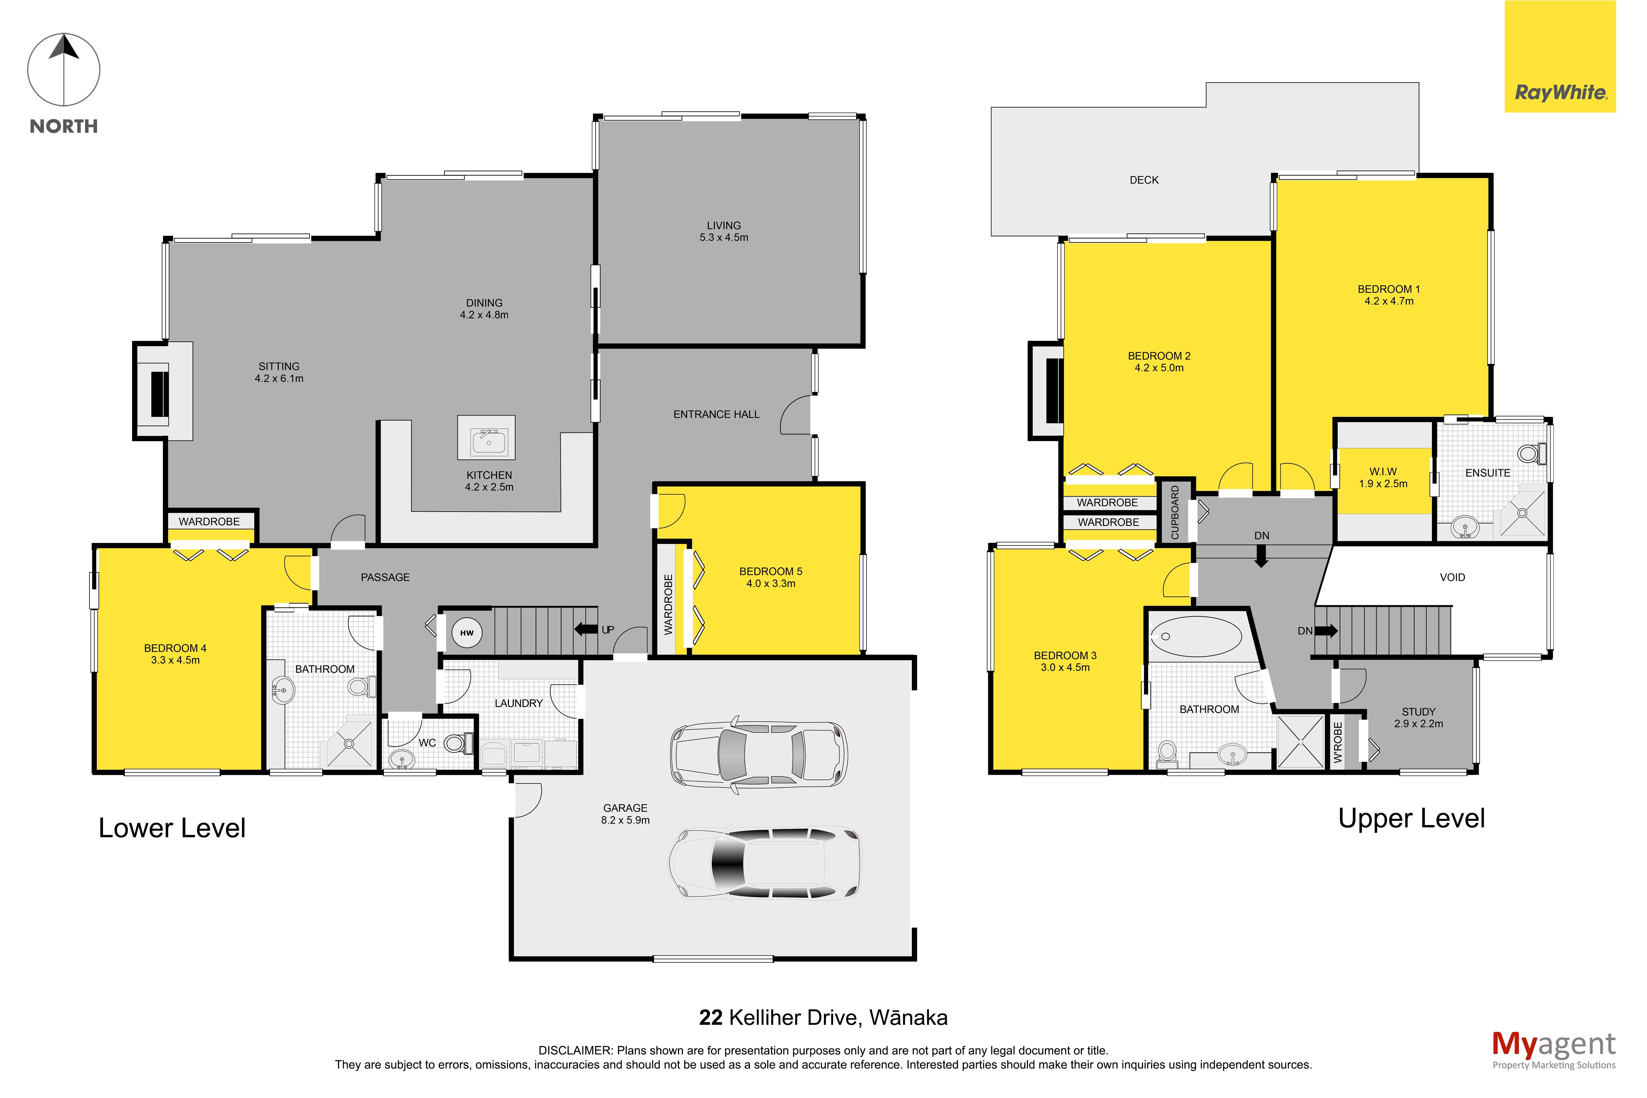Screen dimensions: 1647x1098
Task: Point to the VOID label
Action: [1452, 577]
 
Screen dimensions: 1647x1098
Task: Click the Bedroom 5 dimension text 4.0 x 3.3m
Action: [771, 583]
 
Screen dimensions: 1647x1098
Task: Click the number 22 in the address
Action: [711, 1017]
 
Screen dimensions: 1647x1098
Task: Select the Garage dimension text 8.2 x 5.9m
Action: [625, 820]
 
